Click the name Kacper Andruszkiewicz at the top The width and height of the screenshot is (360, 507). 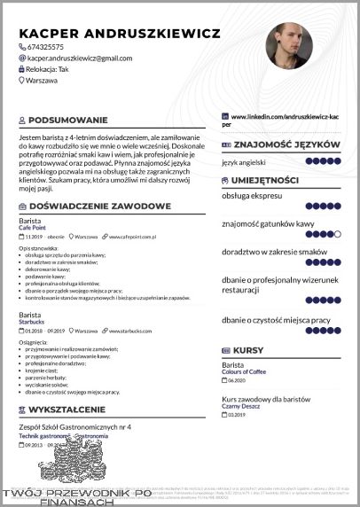[119, 32]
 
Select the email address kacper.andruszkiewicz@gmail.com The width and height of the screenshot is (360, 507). [80, 58]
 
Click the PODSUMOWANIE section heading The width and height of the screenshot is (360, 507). [68, 120]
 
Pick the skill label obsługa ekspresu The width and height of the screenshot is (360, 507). [252, 195]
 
